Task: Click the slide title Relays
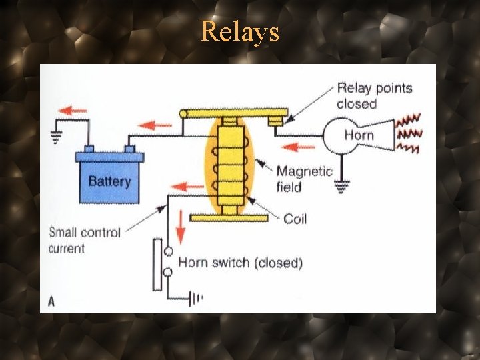(240, 31)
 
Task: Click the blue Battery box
(109, 179)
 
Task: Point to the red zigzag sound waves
(407, 133)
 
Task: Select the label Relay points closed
(374, 95)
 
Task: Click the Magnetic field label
(304, 179)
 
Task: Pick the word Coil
(295, 219)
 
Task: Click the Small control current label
(84, 241)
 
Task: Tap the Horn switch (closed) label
(240, 263)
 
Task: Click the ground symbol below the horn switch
(196, 299)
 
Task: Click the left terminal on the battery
(89, 149)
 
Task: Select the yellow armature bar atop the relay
(233, 113)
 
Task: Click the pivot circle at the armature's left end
(183, 114)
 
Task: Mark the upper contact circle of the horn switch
(169, 251)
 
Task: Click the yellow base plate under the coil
(229, 217)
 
